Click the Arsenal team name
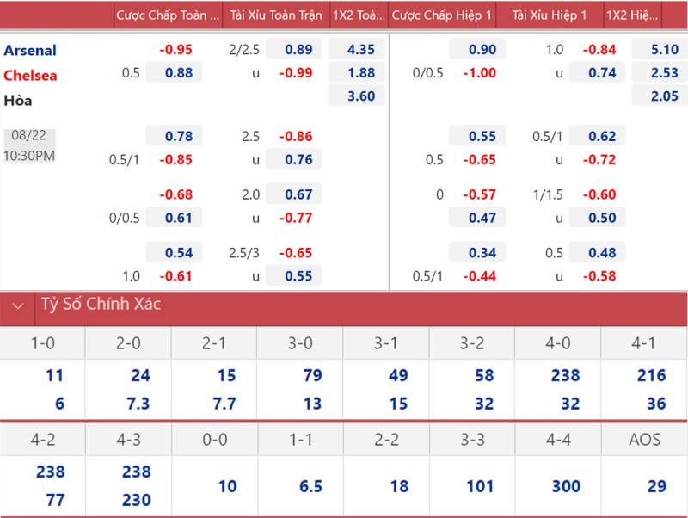click(x=30, y=50)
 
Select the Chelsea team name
click(x=30, y=75)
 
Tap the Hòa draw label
click(x=18, y=101)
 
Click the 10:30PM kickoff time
click(x=29, y=156)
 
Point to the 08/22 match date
click(x=29, y=136)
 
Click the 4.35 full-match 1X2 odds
click(x=361, y=50)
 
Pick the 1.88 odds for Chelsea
click(x=361, y=73)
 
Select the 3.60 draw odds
click(x=361, y=96)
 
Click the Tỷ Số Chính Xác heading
click(x=101, y=305)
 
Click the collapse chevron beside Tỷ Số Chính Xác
click(x=17, y=305)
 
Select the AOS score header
click(x=644, y=440)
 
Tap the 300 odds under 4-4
click(x=566, y=486)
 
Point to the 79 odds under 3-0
click(x=312, y=375)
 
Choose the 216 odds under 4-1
click(x=651, y=375)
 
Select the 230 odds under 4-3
click(x=136, y=500)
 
